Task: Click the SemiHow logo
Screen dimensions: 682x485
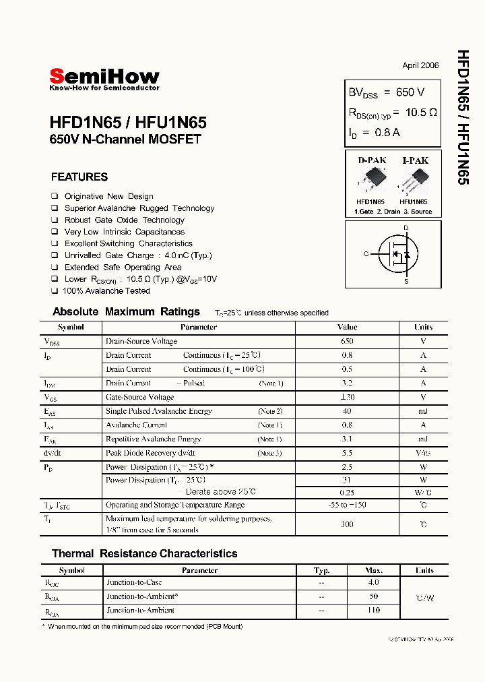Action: pos(104,77)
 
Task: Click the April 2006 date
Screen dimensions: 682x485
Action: pos(420,65)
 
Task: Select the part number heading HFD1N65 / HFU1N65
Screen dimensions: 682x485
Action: pos(128,123)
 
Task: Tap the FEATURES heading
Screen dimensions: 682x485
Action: pos(79,177)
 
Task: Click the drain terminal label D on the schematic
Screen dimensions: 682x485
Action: pos(406,228)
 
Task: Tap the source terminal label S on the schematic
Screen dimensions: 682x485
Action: pos(406,281)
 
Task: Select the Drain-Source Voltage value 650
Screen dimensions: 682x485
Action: pos(347,341)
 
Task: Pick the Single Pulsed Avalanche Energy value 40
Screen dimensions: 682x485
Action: pos(347,411)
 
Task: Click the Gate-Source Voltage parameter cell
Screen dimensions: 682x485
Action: pos(140,397)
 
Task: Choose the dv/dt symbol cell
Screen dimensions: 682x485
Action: pos(53,453)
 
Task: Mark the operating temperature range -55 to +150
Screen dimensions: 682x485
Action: pos(347,505)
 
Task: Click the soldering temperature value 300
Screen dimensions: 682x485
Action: pos(347,524)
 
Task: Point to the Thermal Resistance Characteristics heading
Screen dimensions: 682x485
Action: pos(144,553)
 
